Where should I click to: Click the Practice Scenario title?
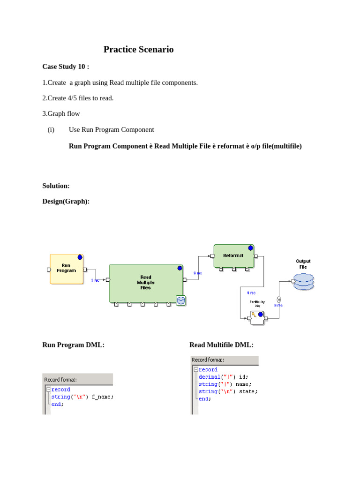tap(138, 49)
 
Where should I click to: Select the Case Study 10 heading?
tap(66, 67)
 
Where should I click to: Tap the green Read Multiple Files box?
tap(145, 283)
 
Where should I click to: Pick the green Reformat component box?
tap(233, 256)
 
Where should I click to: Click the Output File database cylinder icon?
tap(303, 281)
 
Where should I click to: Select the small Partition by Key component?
tap(257, 318)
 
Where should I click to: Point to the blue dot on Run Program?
tap(80, 257)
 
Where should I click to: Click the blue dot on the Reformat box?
tap(250, 247)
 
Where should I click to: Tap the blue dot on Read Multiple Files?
tap(180, 268)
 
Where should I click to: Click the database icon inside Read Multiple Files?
tap(181, 300)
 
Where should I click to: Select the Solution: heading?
tap(56, 186)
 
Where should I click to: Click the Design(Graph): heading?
tap(66, 201)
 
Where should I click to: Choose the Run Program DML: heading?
tap(73, 345)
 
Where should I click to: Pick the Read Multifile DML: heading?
tap(221, 345)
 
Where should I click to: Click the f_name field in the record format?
tap(102, 397)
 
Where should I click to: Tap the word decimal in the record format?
tap(210, 377)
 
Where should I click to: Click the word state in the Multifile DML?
tap(248, 391)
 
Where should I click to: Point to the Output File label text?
tap(303, 264)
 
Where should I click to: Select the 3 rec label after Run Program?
tap(95, 280)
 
